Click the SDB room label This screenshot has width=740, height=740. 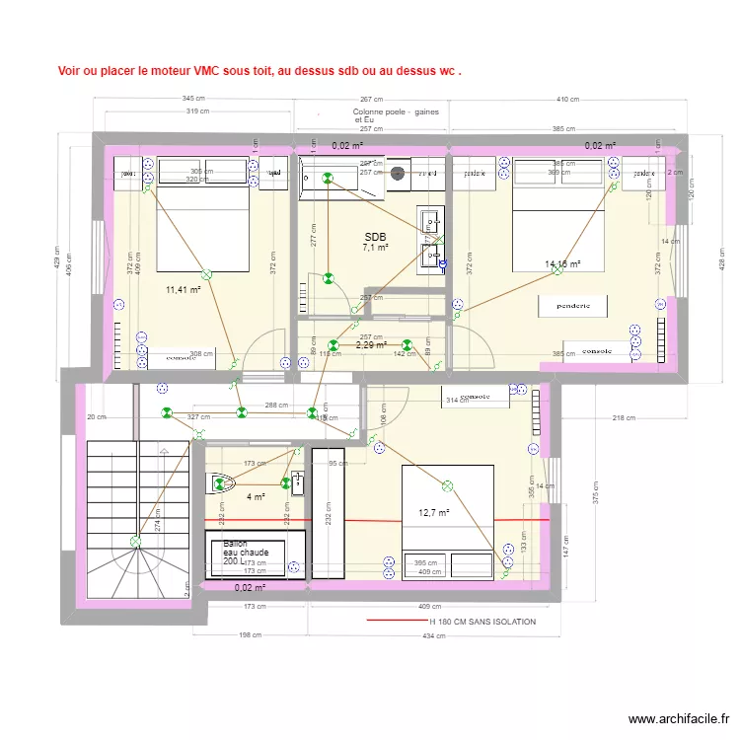pos(375,237)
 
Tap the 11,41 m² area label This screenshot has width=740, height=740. pos(184,290)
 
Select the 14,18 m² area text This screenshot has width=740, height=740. pos(562,264)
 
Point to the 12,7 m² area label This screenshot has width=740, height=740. pos(434,513)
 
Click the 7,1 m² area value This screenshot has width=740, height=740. pos(375,249)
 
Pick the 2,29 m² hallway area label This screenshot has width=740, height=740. pos(371,345)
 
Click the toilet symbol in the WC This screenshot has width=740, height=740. pos(221,482)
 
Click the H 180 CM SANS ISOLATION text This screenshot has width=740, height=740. pos(482,622)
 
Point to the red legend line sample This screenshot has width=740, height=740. pos(395,622)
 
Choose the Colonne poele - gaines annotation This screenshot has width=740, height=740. pos(396,112)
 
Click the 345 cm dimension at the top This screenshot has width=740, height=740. pos(193,100)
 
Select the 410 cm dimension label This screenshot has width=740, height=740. pos(567,100)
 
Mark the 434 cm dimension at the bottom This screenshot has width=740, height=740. pos(433,635)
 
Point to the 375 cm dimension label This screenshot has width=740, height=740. pos(596,498)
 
